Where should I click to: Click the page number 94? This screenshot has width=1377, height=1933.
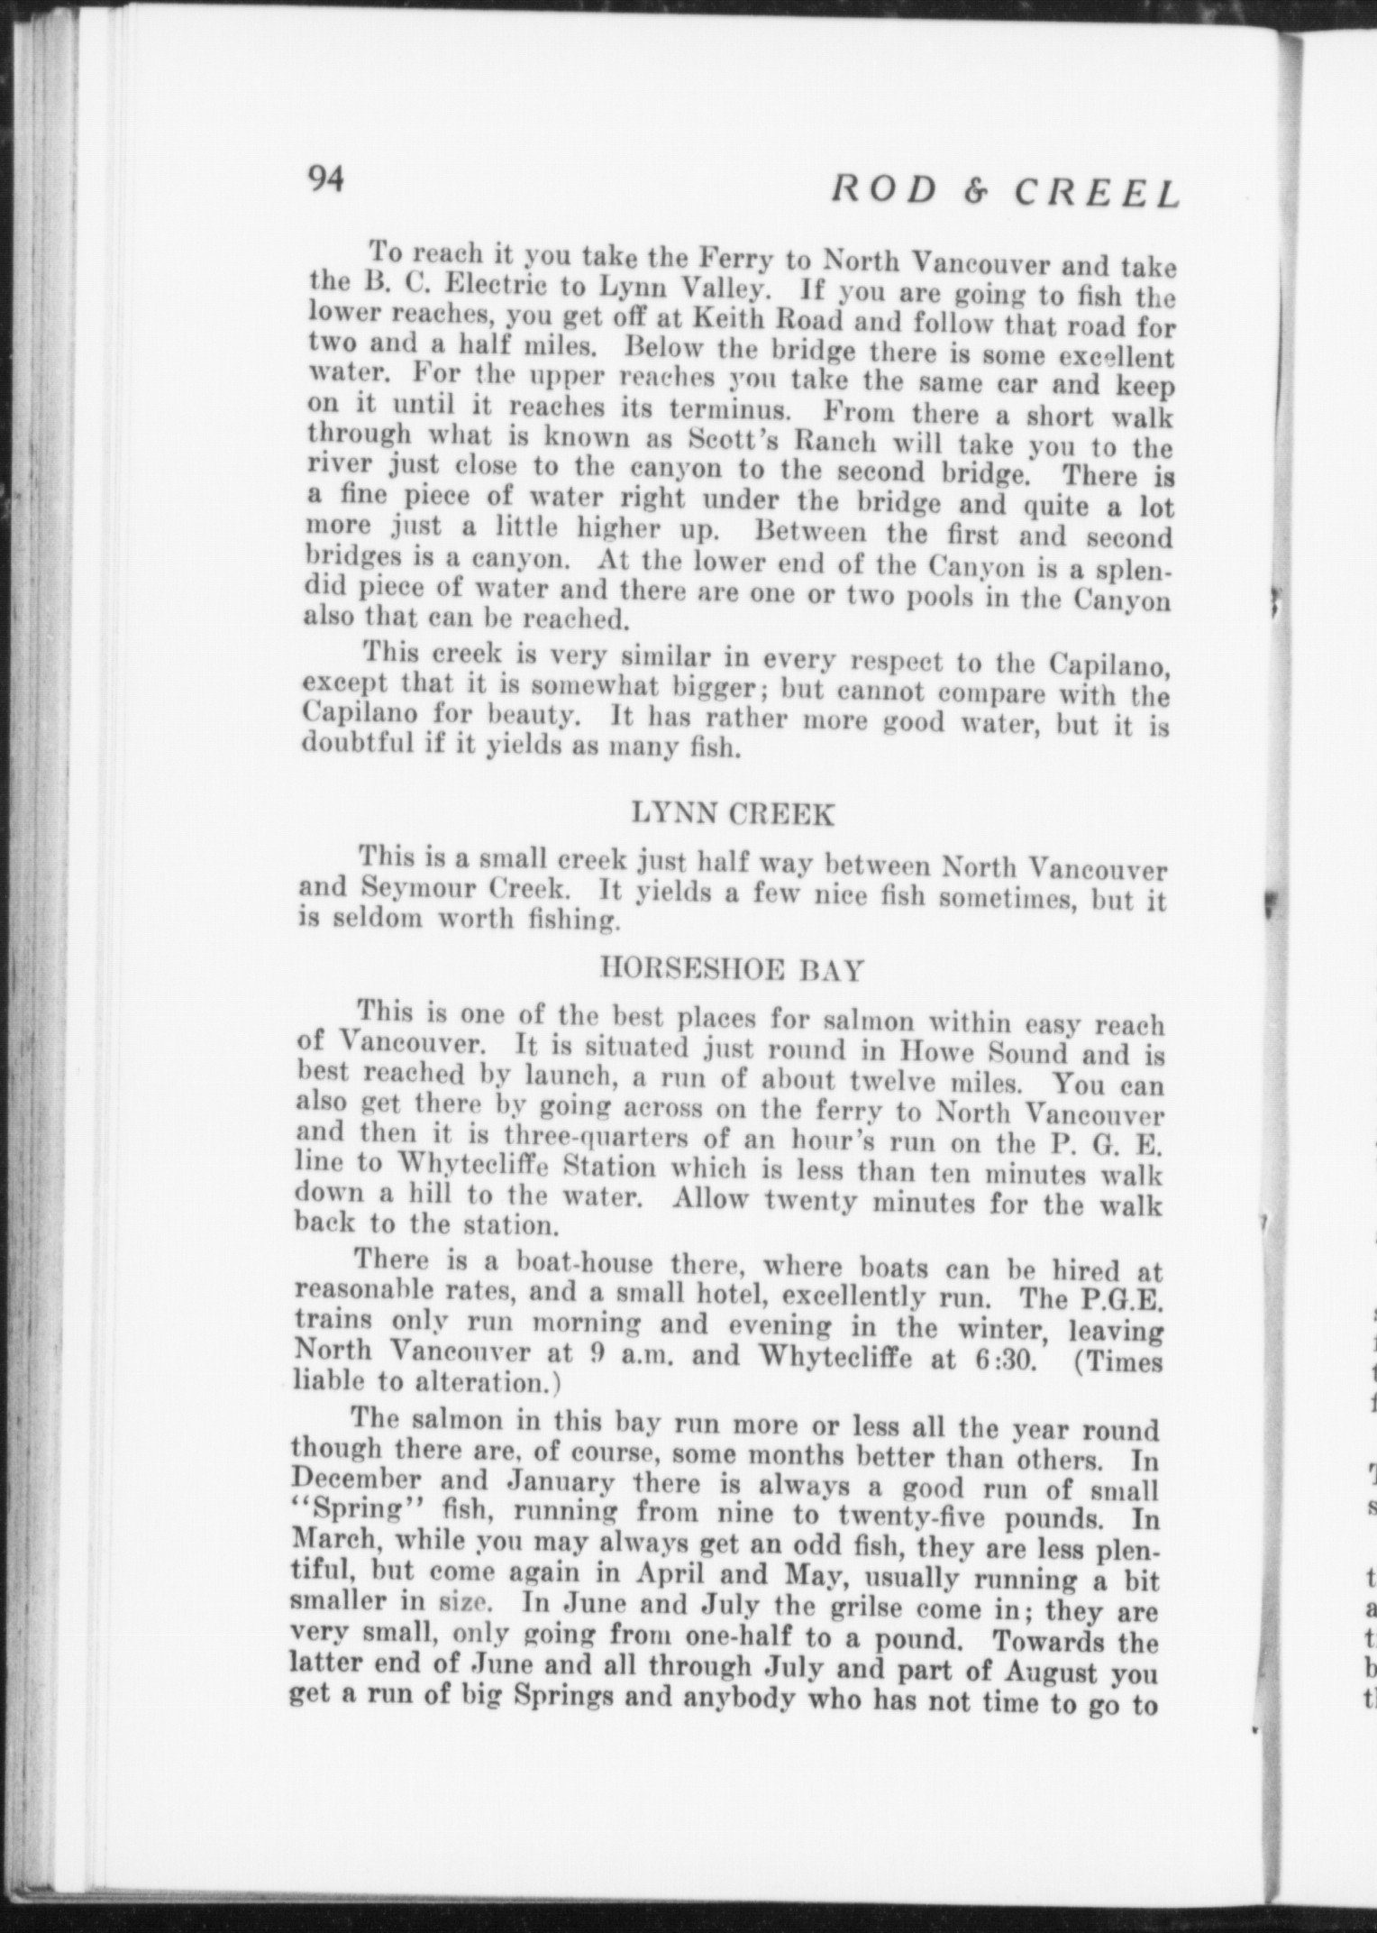point(325,179)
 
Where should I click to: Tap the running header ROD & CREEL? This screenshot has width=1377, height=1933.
point(1005,192)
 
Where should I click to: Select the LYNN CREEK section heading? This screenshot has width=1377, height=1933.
point(732,814)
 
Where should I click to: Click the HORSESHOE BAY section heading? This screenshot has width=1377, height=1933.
point(732,970)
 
